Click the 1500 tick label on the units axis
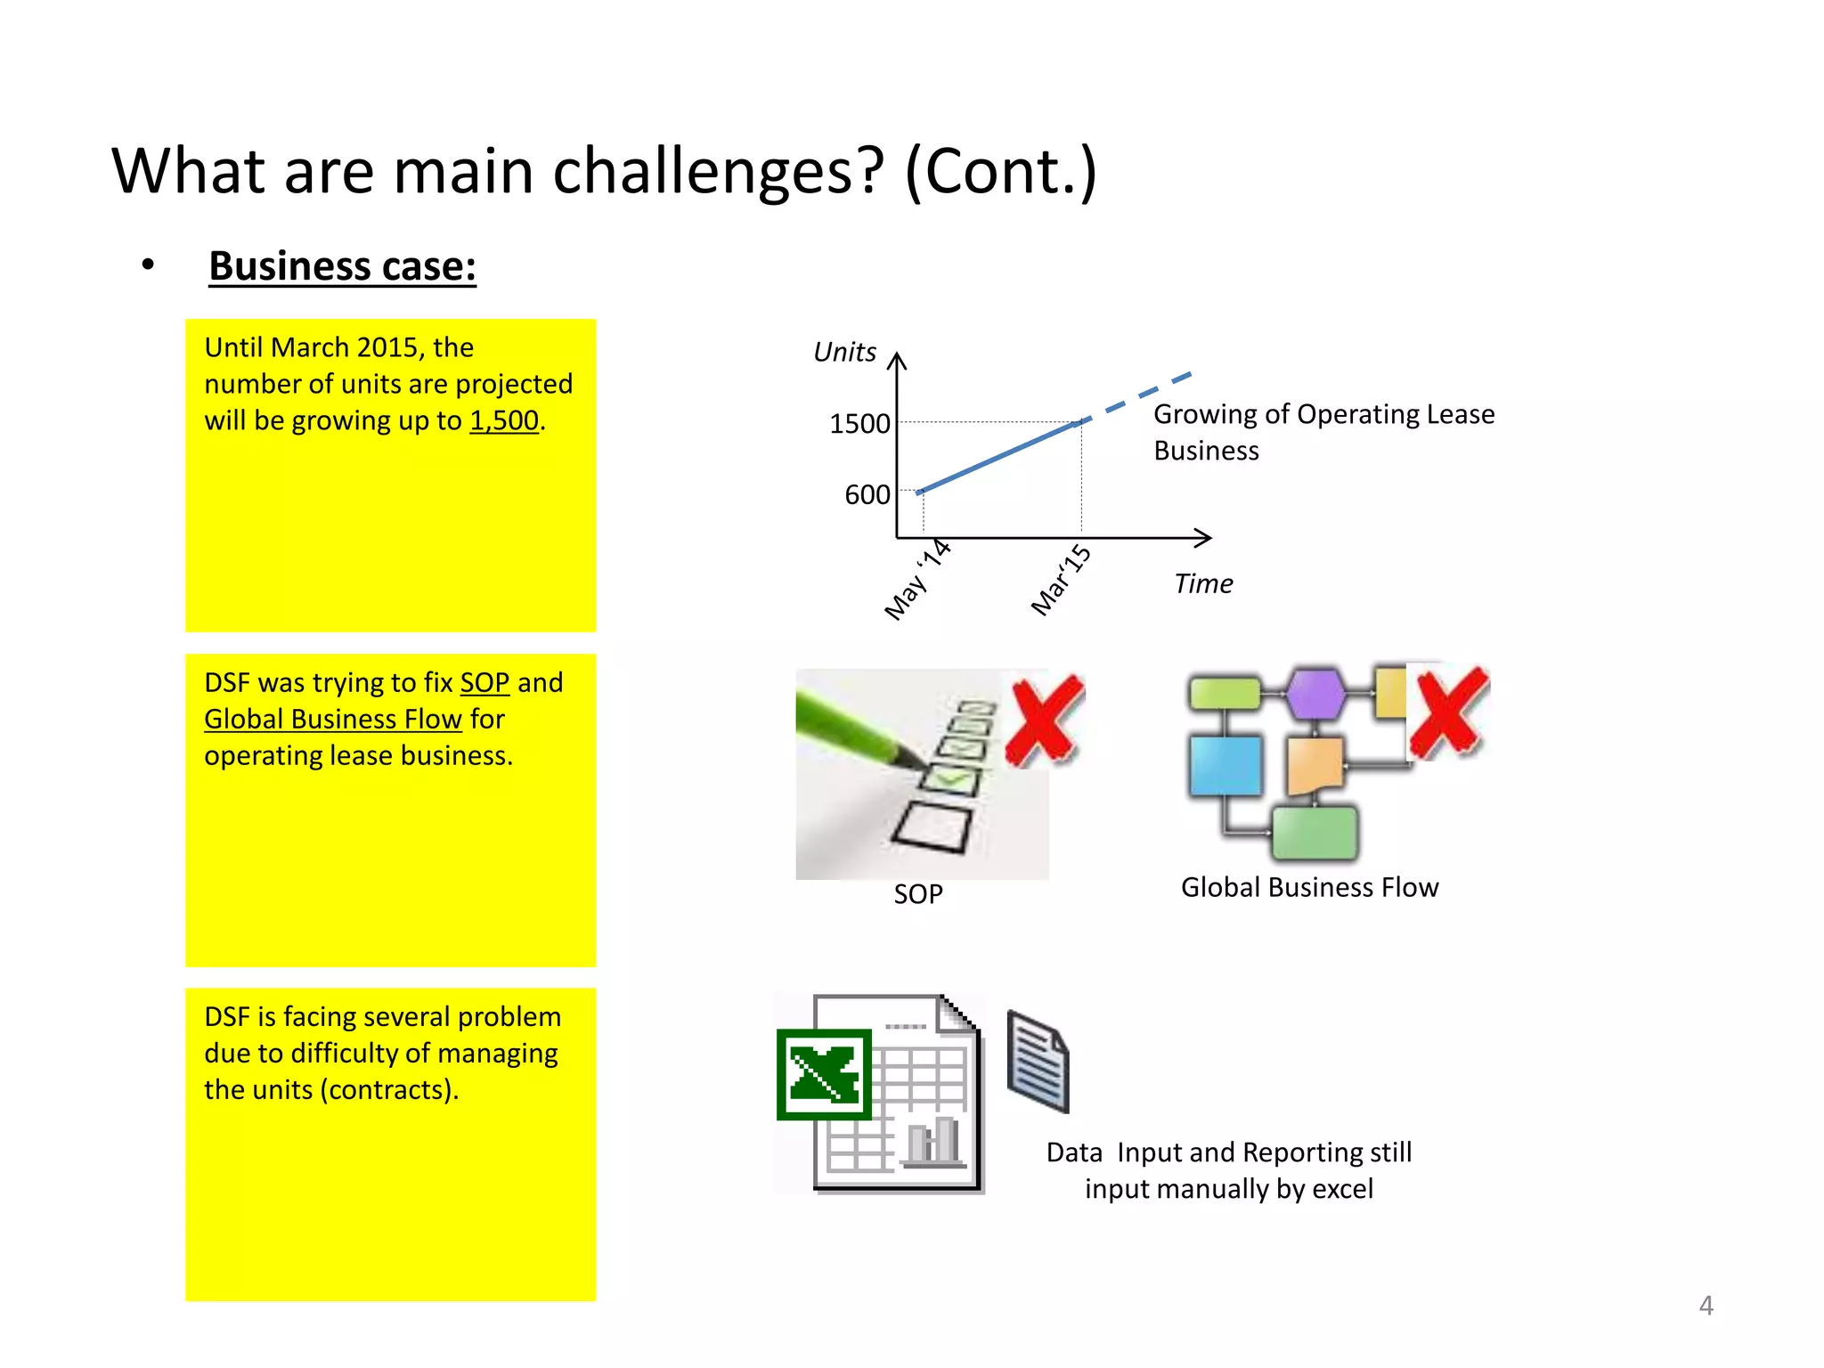859,424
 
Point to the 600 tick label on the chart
867,495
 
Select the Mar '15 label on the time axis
1060,581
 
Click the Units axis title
844,353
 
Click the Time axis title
1203,584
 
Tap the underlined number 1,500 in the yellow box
504,420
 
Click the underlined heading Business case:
342,266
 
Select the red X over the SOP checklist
1044,720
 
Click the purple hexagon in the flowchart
1315,692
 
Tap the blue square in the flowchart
1225,765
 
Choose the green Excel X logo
824,1074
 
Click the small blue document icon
1038,1061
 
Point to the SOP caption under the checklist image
918,894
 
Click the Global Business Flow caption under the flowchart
1309,888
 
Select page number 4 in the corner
1706,1306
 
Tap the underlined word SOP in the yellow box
484,683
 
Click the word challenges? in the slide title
719,171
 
